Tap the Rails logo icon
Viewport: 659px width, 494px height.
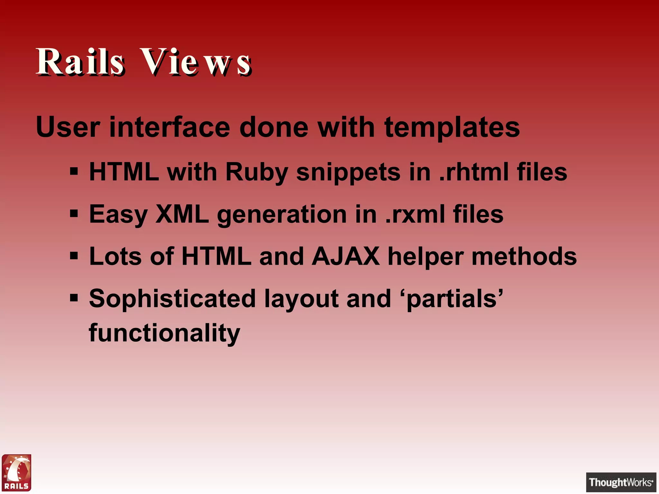point(16,472)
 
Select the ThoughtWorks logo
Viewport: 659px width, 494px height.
point(621,482)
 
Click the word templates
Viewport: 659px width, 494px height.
point(452,128)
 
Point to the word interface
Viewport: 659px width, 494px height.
point(170,127)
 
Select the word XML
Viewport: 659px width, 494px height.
point(182,214)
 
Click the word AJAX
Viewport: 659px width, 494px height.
point(346,256)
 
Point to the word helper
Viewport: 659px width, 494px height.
point(425,257)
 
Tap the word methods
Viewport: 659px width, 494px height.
point(524,256)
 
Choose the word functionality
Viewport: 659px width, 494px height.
point(164,333)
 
